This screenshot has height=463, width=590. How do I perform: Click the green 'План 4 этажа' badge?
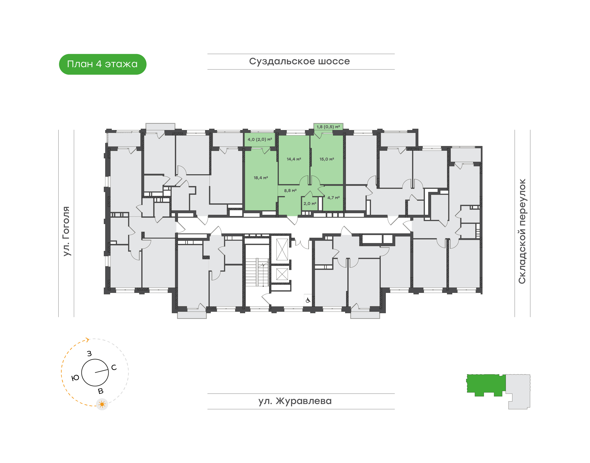coord(102,64)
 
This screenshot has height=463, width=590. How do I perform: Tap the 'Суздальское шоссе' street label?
coord(299,61)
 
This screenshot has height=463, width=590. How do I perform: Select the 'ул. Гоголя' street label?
coord(66,231)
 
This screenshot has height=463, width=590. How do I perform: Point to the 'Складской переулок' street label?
coord(522,231)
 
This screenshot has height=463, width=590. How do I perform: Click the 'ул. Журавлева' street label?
coord(295,401)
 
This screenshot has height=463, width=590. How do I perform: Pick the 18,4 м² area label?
coord(261,178)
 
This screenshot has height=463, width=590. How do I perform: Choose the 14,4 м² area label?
coord(294,159)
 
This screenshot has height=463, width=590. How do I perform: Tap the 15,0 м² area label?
coord(327,159)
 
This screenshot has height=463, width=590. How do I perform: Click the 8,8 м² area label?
coord(290,191)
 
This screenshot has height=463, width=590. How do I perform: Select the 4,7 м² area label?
coord(334,198)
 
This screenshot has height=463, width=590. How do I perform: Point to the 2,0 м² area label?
coord(310,204)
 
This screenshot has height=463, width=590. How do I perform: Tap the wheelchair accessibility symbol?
coord(308,300)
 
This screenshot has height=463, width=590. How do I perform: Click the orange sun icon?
coord(102,404)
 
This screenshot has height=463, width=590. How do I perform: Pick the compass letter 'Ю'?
coord(75,378)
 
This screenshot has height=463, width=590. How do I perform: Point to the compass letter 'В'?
coord(101,391)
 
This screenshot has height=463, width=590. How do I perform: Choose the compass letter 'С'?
coord(114,367)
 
